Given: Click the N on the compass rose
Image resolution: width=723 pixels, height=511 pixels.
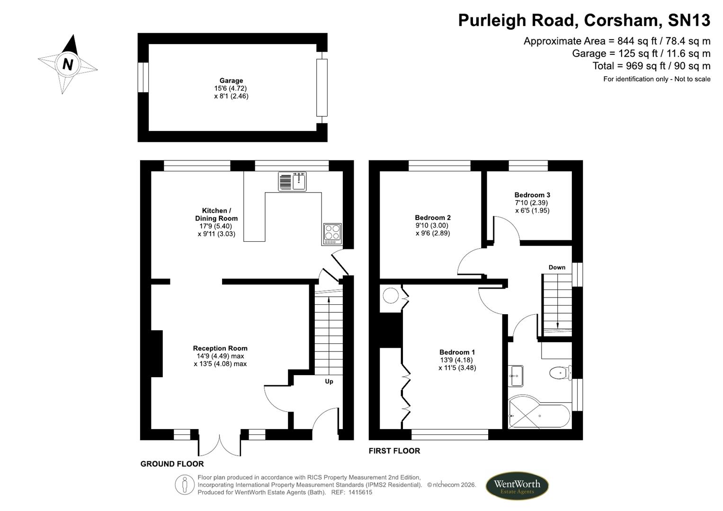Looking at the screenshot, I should (x=68, y=64).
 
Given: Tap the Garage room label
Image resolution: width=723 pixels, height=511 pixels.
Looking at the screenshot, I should (x=231, y=80).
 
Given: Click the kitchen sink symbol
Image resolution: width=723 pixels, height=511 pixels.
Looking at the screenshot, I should (x=292, y=182).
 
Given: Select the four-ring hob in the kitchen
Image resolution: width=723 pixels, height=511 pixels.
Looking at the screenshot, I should (x=332, y=233).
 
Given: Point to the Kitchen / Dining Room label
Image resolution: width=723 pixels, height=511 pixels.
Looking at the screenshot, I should (x=216, y=214).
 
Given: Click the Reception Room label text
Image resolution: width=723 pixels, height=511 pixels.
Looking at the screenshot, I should (x=220, y=348).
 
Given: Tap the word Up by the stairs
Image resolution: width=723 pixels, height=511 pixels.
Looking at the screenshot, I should (x=329, y=381).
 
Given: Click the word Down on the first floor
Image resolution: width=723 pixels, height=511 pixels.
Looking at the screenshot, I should (x=557, y=267).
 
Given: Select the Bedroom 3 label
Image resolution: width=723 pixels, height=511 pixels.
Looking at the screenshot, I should (x=532, y=195).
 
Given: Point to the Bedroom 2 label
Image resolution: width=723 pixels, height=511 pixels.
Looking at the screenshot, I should (x=433, y=218).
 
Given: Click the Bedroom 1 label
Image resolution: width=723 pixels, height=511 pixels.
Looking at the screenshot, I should (x=457, y=352).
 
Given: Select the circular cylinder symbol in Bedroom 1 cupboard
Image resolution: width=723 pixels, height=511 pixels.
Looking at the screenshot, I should (x=391, y=296).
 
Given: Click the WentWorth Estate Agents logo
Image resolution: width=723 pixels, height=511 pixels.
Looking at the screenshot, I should (x=517, y=486).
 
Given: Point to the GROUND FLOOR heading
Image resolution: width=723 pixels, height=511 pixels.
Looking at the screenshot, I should (x=172, y=464).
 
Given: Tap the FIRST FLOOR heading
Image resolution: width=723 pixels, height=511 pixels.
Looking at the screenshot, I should (x=394, y=451).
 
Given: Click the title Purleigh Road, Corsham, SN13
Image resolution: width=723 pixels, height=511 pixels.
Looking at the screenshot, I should (x=584, y=20).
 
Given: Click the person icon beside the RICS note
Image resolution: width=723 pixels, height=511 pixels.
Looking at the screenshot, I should (x=185, y=485).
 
